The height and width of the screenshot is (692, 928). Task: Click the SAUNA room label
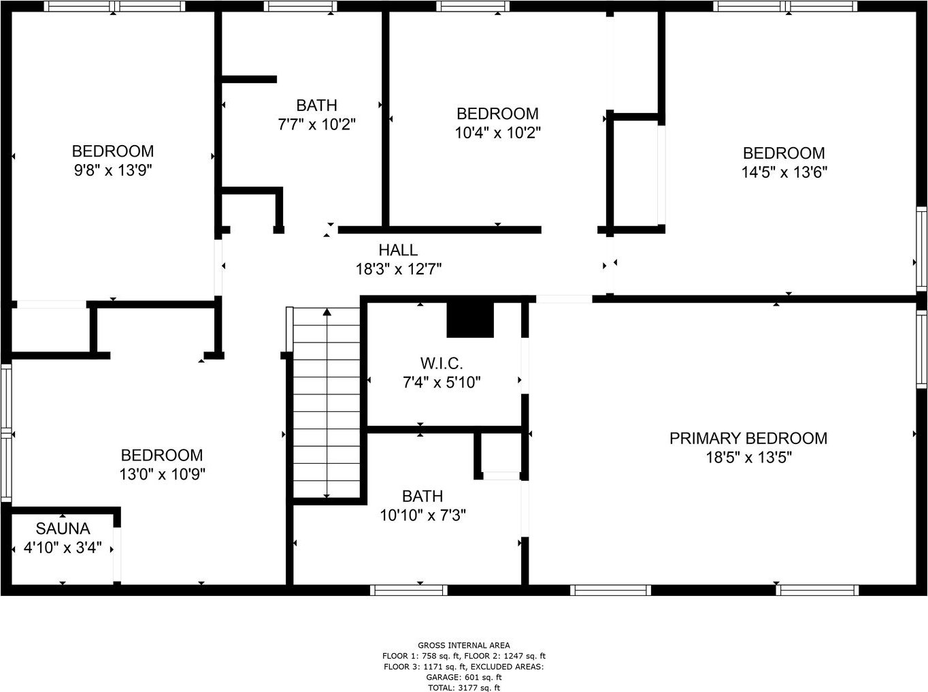click(x=63, y=529)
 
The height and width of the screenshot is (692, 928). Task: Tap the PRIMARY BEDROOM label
click(x=748, y=438)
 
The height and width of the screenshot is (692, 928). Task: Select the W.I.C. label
click(x=442, y=363)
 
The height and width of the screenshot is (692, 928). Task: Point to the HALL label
click(x=398, y=250)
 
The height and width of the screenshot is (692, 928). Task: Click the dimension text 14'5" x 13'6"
click(x=784, y=172)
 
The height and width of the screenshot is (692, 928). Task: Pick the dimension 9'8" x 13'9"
click(x=113, y=170)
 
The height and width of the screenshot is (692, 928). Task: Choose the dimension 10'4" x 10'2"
click(x=497, y=133)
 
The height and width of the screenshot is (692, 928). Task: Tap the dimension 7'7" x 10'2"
click(x=317, y=125)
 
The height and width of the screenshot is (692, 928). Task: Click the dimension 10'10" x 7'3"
click(x=422, y=515)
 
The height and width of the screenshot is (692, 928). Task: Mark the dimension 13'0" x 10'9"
click(x=163, y=474)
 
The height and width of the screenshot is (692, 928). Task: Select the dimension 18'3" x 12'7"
click(x=399, y=269)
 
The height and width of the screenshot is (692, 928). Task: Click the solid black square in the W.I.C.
click(x=470, y=319)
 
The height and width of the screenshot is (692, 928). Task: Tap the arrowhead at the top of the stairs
click(x=327, y=312)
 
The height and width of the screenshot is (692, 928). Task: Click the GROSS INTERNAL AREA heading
click(x=463, y=646)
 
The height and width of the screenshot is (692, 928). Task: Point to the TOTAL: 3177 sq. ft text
click(x=463, y=687)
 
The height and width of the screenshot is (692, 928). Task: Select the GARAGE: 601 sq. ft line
click(x=463, y=677)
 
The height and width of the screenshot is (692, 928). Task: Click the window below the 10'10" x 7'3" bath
click(x=409, y=591)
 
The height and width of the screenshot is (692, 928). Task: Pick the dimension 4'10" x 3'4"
click(x=63, y=548)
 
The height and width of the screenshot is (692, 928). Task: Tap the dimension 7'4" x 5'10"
click(x=442, y=382)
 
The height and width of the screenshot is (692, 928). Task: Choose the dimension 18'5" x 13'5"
click(x=749, y=457)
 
